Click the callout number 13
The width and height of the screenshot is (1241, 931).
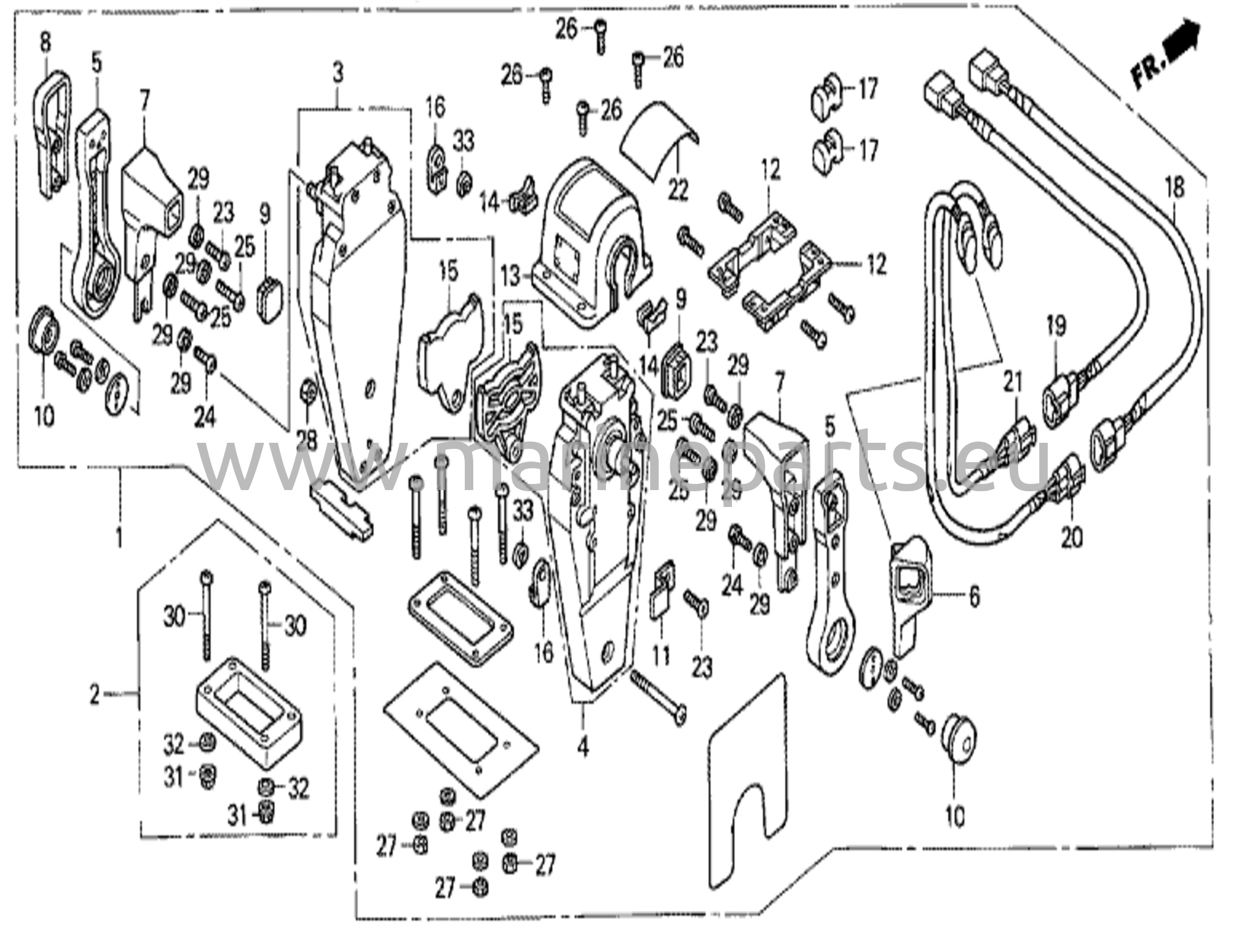[x=510, y=277]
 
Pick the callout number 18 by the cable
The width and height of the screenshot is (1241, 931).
[x=1174, y=188]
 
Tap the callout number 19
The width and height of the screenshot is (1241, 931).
[x=1056, y=328]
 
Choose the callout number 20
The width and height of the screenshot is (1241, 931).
[x=1071, y=537]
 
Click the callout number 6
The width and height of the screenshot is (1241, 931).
[x=974, y=597]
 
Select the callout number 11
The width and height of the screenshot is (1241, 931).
[x=660, y=655]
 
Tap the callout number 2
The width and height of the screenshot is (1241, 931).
[x=95, y=695]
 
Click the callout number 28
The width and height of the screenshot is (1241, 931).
[x=307, y=440]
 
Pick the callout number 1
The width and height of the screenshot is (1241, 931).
[x=119, y=536]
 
